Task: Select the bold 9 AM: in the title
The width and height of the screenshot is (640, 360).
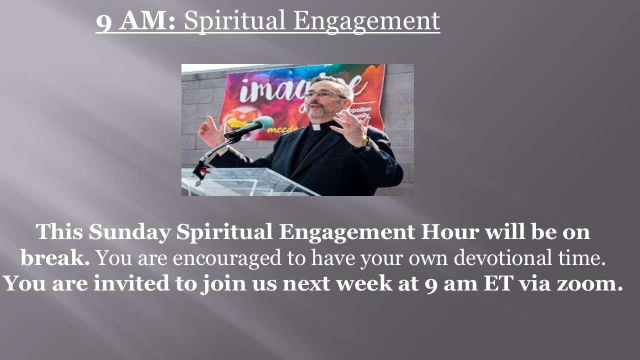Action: pyautogui.click(x=135, y=21)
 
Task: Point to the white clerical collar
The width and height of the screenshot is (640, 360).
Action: pyautogui.click(x=316, y=127)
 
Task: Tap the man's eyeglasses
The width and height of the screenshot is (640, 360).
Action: pyautogui.click(x=324, y=93)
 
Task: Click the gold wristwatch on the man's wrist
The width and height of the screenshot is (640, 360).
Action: pyautogui.click(x=365, y=141)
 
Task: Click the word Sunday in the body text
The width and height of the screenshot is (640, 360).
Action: pyautogui.click(x=129, y=232)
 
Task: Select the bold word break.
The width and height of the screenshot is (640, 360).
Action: pyautogui.click(x=55, y=257)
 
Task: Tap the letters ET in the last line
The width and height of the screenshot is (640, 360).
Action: pyautogui.click(x=497, y=283)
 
